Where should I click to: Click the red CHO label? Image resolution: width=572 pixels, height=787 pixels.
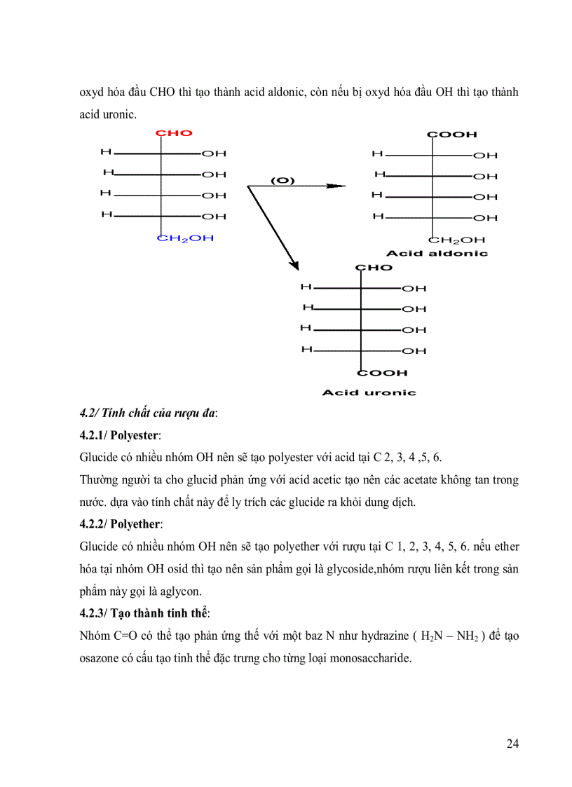pyautogui.click(x=173, y=133)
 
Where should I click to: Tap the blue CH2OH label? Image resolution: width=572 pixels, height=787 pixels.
pyautogui.click(x=185, y=238)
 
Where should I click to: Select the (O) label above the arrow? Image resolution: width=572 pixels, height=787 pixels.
pyautogui.click(x=283, y=180)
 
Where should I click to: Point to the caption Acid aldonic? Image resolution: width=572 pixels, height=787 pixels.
pyautogui.click(x=437, y=253)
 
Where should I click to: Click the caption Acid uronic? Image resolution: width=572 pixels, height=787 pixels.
pyautogui.click(x=369, y=392)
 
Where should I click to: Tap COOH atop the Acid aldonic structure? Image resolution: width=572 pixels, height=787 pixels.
pyautogui.click(x=451, y=135)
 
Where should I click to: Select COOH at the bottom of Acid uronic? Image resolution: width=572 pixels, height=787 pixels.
pyautogui.click(x=383, y=373)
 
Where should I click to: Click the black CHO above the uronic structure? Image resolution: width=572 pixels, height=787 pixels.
pyautogui.click(x=374, y=268)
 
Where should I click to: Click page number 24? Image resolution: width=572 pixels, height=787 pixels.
pyautogui.click(x=512, y=744)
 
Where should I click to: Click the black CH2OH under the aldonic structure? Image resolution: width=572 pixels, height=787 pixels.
pyautogui.click(x=456, y=239)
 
